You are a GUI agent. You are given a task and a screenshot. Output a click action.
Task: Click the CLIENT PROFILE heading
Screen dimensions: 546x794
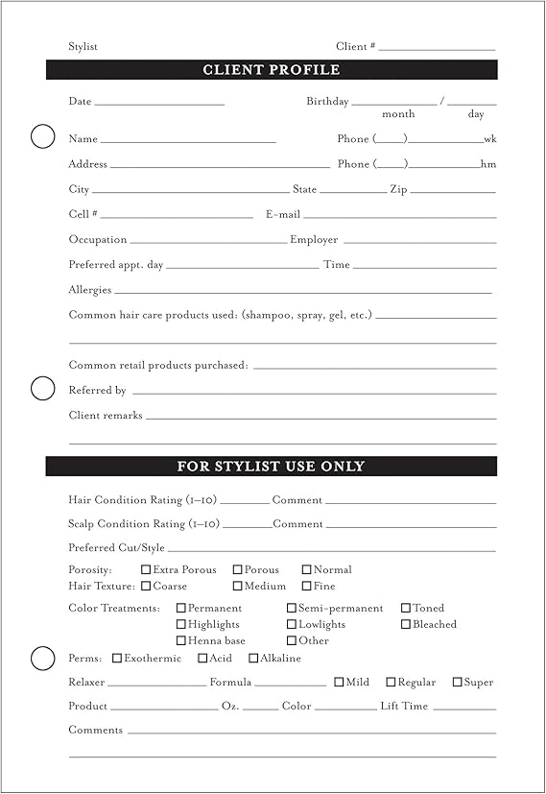click(x=272, y=70)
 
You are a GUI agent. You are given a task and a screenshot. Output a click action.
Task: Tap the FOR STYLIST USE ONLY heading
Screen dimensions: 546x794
click(x=272, y=467)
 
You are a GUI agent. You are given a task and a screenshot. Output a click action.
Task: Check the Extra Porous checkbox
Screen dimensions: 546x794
click(x=146, y=569)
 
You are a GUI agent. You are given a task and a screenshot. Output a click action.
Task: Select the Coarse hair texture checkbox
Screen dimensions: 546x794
click(x=146, y=586)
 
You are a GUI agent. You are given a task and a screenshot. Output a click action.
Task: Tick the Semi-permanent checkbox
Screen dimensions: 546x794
click(x=292, y=608)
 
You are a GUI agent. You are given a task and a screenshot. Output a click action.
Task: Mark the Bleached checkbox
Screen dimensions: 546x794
click(x=406, y=624)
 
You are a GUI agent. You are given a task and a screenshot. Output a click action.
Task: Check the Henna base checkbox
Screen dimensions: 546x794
click(x=180, y=640)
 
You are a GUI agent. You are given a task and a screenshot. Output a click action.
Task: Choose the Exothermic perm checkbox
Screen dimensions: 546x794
click(x=117, y=658)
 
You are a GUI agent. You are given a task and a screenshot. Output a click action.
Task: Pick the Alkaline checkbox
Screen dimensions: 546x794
click(x=253, y=658)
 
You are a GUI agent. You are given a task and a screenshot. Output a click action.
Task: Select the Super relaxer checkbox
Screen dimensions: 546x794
click(x=456, y=682)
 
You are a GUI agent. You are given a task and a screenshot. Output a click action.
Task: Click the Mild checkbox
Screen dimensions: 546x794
click(x=339, y=682)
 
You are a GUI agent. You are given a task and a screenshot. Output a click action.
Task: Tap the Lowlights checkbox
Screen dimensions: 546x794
click(x=292, y=624)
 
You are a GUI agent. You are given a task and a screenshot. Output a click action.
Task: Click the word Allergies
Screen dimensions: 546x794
click(x=90, y=290)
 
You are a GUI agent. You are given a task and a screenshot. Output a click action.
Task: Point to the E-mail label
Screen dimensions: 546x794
click(x=283, y=214)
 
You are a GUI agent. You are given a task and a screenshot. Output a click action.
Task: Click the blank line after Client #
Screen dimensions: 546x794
click(x=437, y=47)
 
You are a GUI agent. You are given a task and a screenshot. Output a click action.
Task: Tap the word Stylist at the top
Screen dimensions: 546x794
click(x=83, y=47)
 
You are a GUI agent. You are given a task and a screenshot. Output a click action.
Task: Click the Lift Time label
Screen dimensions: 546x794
click(x=404, y=706)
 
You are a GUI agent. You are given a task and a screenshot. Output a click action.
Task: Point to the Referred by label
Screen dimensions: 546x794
click(x=97, y=391)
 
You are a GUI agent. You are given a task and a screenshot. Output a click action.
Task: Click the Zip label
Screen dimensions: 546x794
click(x=398, y=190)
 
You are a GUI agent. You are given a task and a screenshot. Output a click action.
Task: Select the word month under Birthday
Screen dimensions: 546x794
click(x=398, y=114)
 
